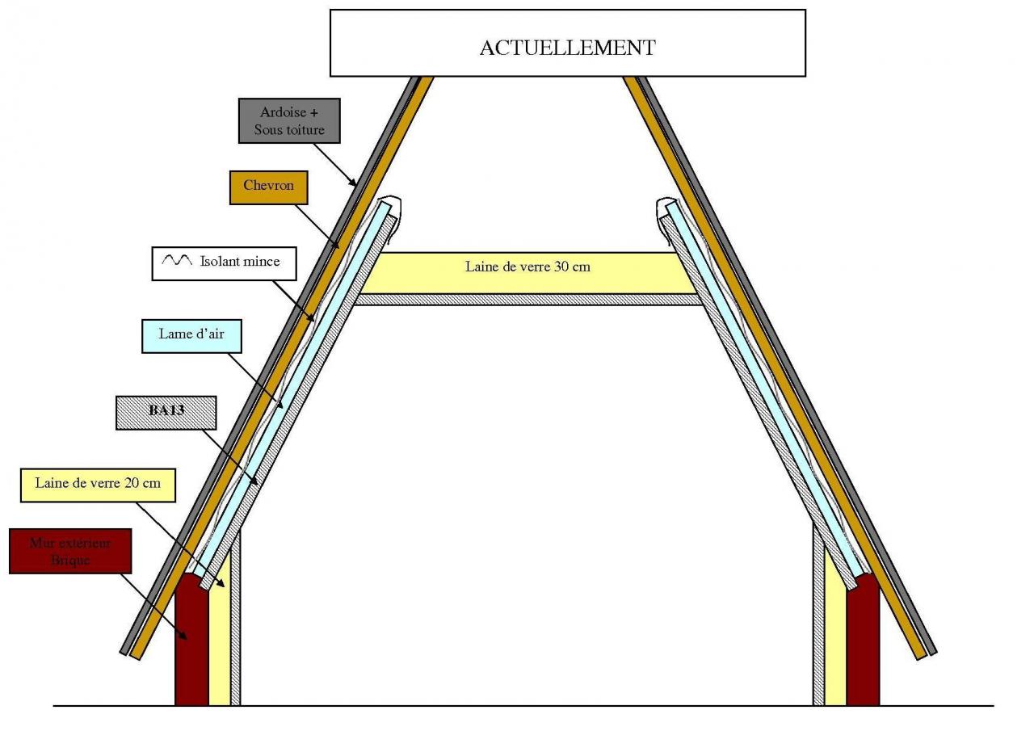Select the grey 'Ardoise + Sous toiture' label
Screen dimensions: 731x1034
(289, 120)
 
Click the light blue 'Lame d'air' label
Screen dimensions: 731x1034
(191, 335)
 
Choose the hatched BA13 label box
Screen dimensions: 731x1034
(166, 412)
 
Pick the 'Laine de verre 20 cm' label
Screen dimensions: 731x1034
(98, 484)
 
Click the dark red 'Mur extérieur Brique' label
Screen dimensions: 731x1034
(69, 550)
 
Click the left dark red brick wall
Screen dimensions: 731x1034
(191, 642)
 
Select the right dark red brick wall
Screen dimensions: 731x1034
(863, 642)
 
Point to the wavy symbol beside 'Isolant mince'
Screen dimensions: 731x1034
(177, 262)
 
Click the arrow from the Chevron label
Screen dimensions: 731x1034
(317, 224)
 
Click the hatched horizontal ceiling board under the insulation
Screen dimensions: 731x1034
(528, 299)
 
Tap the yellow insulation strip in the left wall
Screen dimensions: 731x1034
(220, 638)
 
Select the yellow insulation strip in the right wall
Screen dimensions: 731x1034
(834, 638)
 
